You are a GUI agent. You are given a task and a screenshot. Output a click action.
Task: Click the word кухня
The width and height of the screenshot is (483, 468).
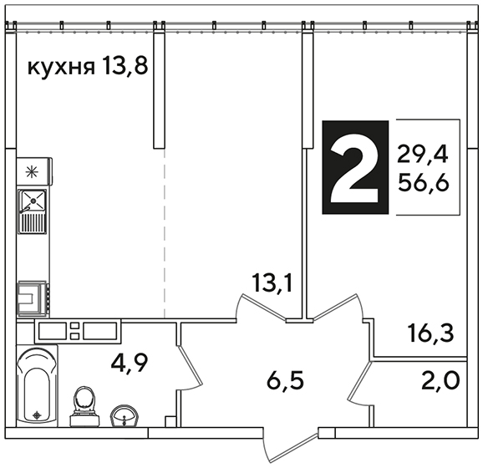[61, 68]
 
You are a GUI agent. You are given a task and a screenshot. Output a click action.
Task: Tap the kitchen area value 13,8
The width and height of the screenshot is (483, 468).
[125, 66]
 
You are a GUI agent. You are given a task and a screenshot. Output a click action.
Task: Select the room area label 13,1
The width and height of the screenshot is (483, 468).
[272, 283]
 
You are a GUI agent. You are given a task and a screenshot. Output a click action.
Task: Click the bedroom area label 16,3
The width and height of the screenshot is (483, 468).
[430, 333]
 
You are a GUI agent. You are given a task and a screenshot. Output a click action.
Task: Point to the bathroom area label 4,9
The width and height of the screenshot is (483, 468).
[130, 364]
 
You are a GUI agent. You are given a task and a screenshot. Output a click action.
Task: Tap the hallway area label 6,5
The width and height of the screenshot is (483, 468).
[285, 381]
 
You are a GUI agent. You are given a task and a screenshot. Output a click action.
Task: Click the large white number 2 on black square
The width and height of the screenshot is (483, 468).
[355, 167]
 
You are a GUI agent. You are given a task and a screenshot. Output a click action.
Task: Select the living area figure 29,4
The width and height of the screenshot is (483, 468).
[422, 155]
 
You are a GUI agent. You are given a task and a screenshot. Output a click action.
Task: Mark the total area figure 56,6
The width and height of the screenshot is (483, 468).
[423, 182]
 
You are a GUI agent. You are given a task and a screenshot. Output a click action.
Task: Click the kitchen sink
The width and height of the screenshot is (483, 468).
[33, 211]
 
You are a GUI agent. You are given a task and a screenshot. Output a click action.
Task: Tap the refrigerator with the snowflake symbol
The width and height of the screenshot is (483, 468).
[34, 171]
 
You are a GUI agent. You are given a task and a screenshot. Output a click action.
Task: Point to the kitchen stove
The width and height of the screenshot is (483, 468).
[33, 298]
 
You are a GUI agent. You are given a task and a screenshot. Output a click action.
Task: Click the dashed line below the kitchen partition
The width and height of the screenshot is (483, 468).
[165, 233]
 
